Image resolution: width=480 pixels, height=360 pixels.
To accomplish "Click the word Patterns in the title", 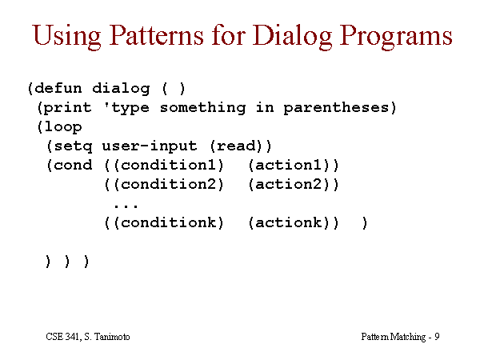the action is [x=157, y=35].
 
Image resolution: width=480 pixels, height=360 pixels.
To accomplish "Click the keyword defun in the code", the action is [x=58, y=89].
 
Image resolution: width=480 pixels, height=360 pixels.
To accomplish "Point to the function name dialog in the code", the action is [x=121, y=89].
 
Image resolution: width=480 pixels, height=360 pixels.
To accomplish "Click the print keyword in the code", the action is [x=67, y=108].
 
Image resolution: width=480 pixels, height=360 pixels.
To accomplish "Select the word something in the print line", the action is [x=202, y=108].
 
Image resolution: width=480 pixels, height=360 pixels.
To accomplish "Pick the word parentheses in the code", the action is [x=336, y=108].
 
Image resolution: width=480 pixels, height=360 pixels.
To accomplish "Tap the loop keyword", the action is [x=62, y=127].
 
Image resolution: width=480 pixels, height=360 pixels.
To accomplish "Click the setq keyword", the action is [x=73, y=146].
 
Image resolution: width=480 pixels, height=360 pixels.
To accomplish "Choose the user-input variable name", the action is [x=149, y=146].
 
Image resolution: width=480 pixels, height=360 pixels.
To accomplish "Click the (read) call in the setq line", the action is [x=236, y=146].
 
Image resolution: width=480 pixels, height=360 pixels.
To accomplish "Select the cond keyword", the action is [x=73, y=166].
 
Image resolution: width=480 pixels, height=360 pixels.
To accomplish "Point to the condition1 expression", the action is [x=168, y=166].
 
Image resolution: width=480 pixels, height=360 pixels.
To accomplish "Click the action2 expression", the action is [x=289, y=184].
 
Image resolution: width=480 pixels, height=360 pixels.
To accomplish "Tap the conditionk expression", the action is [x=168, y=222].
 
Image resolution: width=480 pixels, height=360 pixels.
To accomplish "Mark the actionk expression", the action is [x=289, y=222].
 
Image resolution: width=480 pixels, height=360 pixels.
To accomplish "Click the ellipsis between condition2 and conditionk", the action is [x=126, y=206].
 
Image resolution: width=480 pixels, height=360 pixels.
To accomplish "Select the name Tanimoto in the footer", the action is [x=111, y=337].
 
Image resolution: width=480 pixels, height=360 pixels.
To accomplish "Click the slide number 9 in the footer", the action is [x=437, y=337].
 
